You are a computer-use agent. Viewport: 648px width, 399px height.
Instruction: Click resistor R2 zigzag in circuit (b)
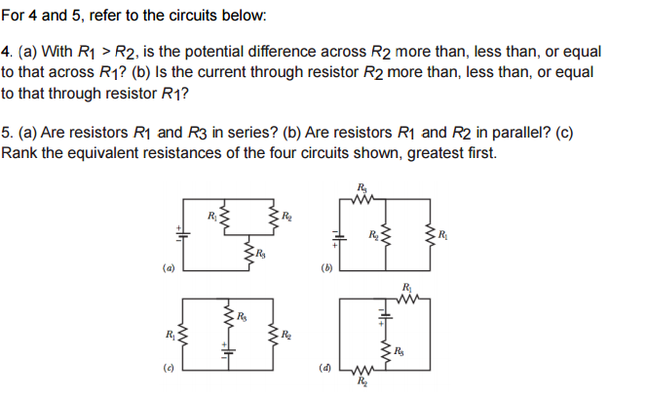pos(388,236)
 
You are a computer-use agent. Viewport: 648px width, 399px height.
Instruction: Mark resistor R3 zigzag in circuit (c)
pos(227,317)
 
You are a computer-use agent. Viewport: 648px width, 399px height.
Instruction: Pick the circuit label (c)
pos(170,369)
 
